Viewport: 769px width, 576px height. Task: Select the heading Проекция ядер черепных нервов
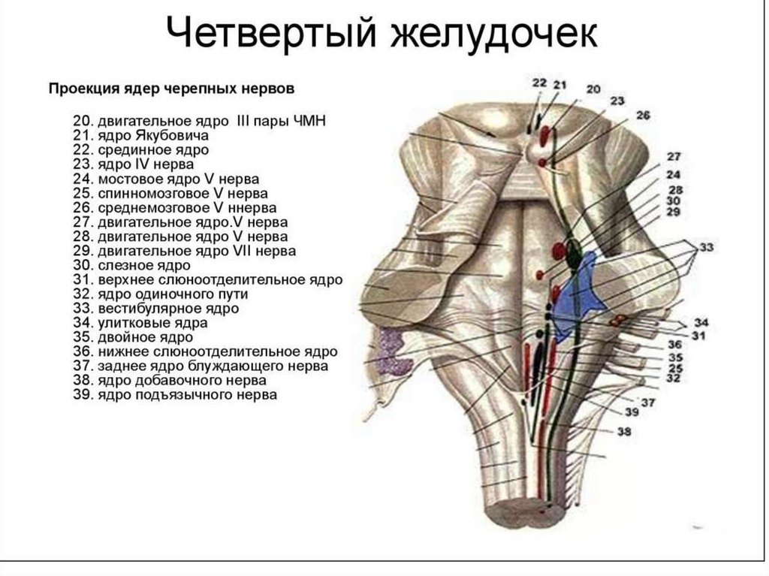coord(172,89)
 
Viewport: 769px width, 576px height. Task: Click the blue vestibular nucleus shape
coord(580,289)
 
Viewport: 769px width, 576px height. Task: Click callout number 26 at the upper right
coord(642,115)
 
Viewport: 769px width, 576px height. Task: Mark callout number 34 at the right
coord(700,323)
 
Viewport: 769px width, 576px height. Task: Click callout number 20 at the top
coord(593,89)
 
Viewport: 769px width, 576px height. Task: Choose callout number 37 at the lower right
coord(647,403)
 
